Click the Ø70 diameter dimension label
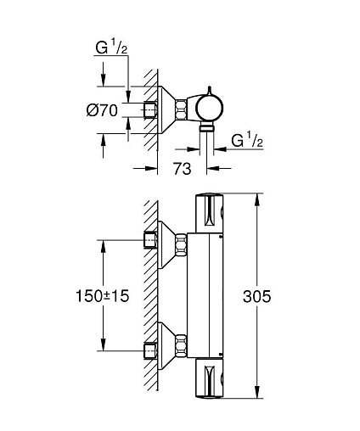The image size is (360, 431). pos(102,110)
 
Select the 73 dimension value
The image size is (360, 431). pos(182,169)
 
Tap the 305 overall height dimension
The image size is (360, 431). pos(256,296)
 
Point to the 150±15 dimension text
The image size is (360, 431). pos(102,296)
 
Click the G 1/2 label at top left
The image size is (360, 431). pos(111,48)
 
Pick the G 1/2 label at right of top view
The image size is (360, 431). pos(247,141)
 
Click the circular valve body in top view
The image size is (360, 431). pos(210,108)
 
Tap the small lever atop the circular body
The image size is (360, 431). pos(210,90)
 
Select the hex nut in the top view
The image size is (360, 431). pos(181,109)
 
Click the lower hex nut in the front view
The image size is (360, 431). pos(181,345)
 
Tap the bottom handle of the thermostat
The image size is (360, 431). pos(210,378)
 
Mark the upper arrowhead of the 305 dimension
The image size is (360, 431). pos(257,199)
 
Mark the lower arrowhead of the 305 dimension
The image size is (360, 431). pos(257,393)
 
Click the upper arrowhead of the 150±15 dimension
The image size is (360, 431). pos(103,246)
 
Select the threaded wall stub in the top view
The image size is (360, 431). pos(150,109)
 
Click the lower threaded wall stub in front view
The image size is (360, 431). pos(150,351)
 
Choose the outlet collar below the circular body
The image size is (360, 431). pos(206,128)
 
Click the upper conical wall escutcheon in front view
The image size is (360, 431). pos(167,244)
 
